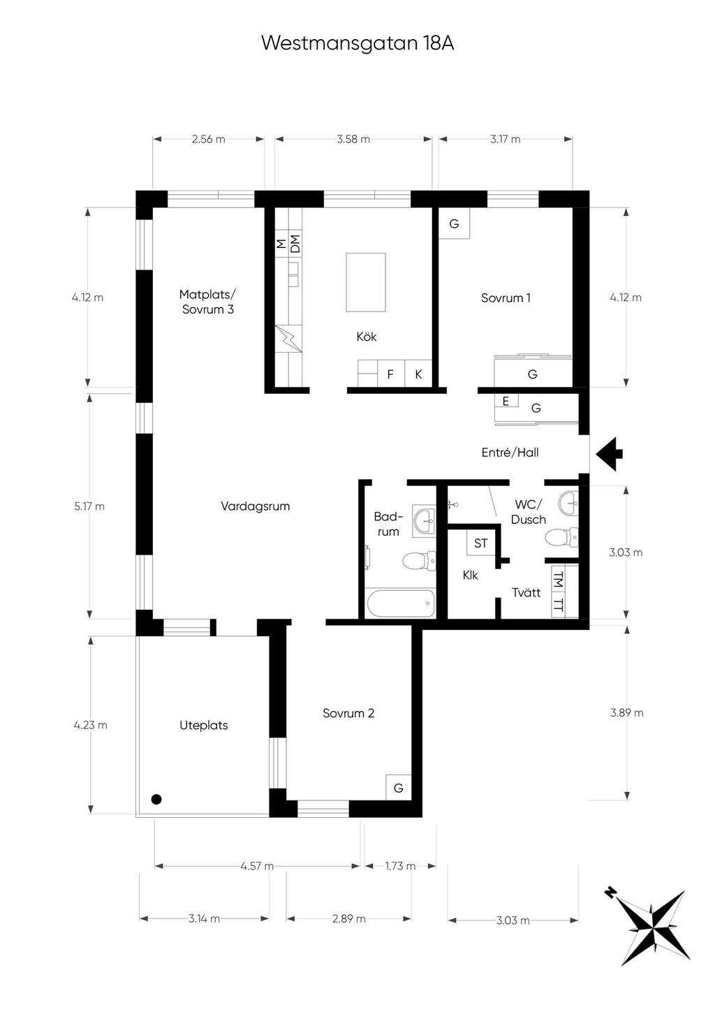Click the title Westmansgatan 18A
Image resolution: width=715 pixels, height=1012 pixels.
click(357, 44)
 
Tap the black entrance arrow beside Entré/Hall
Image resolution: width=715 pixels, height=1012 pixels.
click(610, 454)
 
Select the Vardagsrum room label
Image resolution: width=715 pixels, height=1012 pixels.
click(255, 506)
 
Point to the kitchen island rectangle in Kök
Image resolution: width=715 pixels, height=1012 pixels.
click(366, 282)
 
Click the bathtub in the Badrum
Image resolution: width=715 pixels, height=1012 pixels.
click(401, 603)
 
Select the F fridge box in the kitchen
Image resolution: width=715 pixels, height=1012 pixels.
click(391, 374)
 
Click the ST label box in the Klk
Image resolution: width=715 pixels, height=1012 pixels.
click(480, 543)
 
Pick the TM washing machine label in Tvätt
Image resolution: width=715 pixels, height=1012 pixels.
click(559, 579)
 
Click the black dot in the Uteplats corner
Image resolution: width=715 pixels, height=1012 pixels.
click(156, 799)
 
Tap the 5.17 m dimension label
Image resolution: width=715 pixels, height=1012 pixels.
click(89, 506)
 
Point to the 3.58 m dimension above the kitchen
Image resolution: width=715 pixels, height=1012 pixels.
click(353, 139)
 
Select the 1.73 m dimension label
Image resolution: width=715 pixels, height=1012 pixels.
click(400, 866)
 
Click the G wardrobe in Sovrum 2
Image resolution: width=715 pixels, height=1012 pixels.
click(399, 789)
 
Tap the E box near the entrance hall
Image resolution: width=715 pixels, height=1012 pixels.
click(506, 401)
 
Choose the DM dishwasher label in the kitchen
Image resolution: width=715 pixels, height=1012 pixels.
click(295, 244)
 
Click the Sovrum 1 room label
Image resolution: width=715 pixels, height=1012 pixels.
click(506, 298)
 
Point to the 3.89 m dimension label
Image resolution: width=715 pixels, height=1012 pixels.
click(626, 712)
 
